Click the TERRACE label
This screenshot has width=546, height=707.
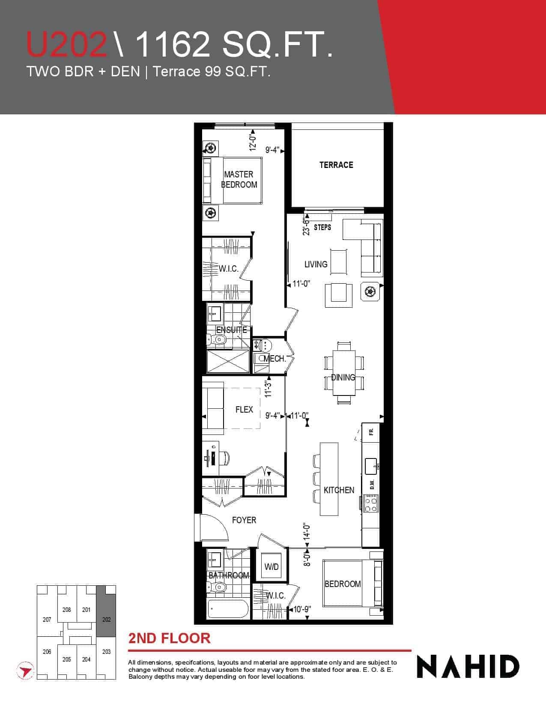click(336, 165)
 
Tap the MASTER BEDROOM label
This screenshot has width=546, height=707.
click(239, 179)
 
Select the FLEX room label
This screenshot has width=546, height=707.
click(244, 409)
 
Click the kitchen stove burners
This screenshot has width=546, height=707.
click(370, 503)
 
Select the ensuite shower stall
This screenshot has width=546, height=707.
click(228, 361)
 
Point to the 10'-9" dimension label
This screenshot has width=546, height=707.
click(302, 609)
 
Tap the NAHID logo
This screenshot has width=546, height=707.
click(468, 667)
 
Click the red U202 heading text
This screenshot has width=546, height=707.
click(67, 44)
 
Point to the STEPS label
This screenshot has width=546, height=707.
click(322, 228)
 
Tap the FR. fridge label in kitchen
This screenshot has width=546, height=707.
click(371, 431)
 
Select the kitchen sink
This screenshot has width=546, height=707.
click(371, 466)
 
